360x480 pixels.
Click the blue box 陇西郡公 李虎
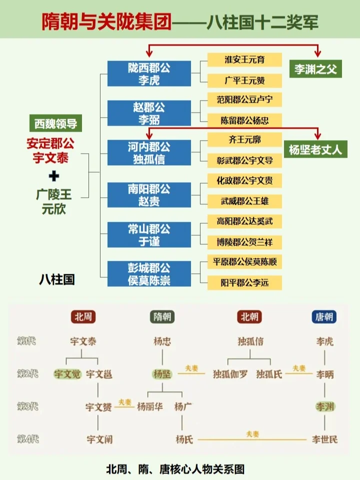tap(149, 74)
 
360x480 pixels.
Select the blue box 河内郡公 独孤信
tap(149, 153)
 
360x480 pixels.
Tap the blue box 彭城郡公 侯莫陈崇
tap(149, 274)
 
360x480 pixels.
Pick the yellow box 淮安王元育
tap(244, 60)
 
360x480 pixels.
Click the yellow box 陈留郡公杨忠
tap(244, 120)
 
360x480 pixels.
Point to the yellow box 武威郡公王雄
tap(244, 201)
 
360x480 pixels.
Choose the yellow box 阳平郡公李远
tap(244, 283)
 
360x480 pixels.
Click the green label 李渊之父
tap(315, 70)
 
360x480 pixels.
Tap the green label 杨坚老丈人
tap(315, 150)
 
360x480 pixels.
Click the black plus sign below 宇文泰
tap(54, 176)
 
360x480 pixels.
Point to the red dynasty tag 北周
tap(83, 317)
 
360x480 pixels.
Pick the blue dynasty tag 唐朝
tap(324, 317)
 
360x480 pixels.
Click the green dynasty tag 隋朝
tap(162, 317)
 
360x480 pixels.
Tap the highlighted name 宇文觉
tap(67, 374)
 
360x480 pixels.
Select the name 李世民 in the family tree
tap(324, 439)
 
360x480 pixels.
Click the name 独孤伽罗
tap(230, 374)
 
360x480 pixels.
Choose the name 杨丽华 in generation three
tap(149, 407)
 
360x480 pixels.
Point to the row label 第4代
tap(28, 439)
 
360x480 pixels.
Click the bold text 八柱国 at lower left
tap(57, 279)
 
